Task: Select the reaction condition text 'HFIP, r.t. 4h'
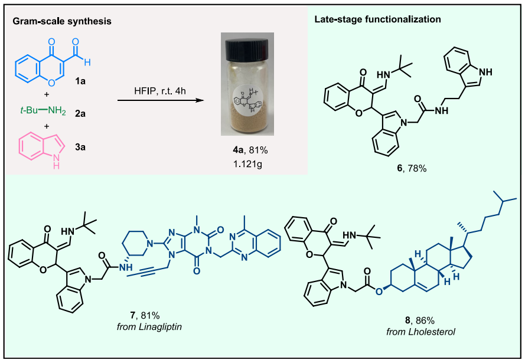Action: [x=158, y=90]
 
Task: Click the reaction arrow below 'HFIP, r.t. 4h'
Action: [x=158, y=101]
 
